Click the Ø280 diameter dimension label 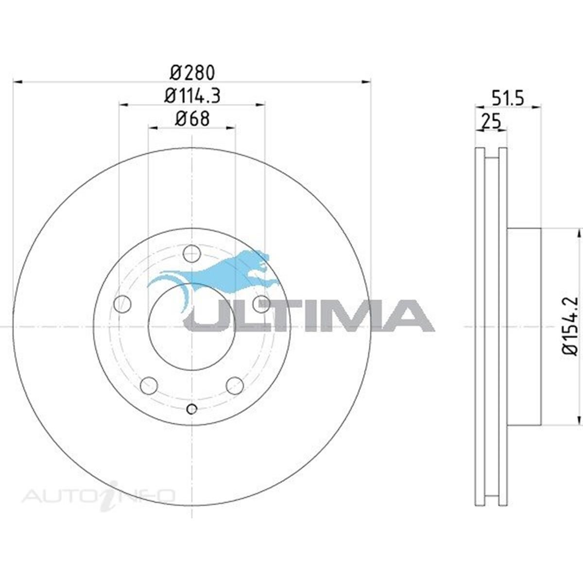(x=192, y=72)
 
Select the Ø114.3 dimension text (x=192, y=96)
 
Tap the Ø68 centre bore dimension (x=192, y=119)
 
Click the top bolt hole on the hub (x=192, y=254)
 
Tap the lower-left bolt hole (x=149, y=386)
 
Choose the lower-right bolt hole (x=235, y=386)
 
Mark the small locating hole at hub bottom (x=192, y=409)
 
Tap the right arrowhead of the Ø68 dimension (x=232, y=128)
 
